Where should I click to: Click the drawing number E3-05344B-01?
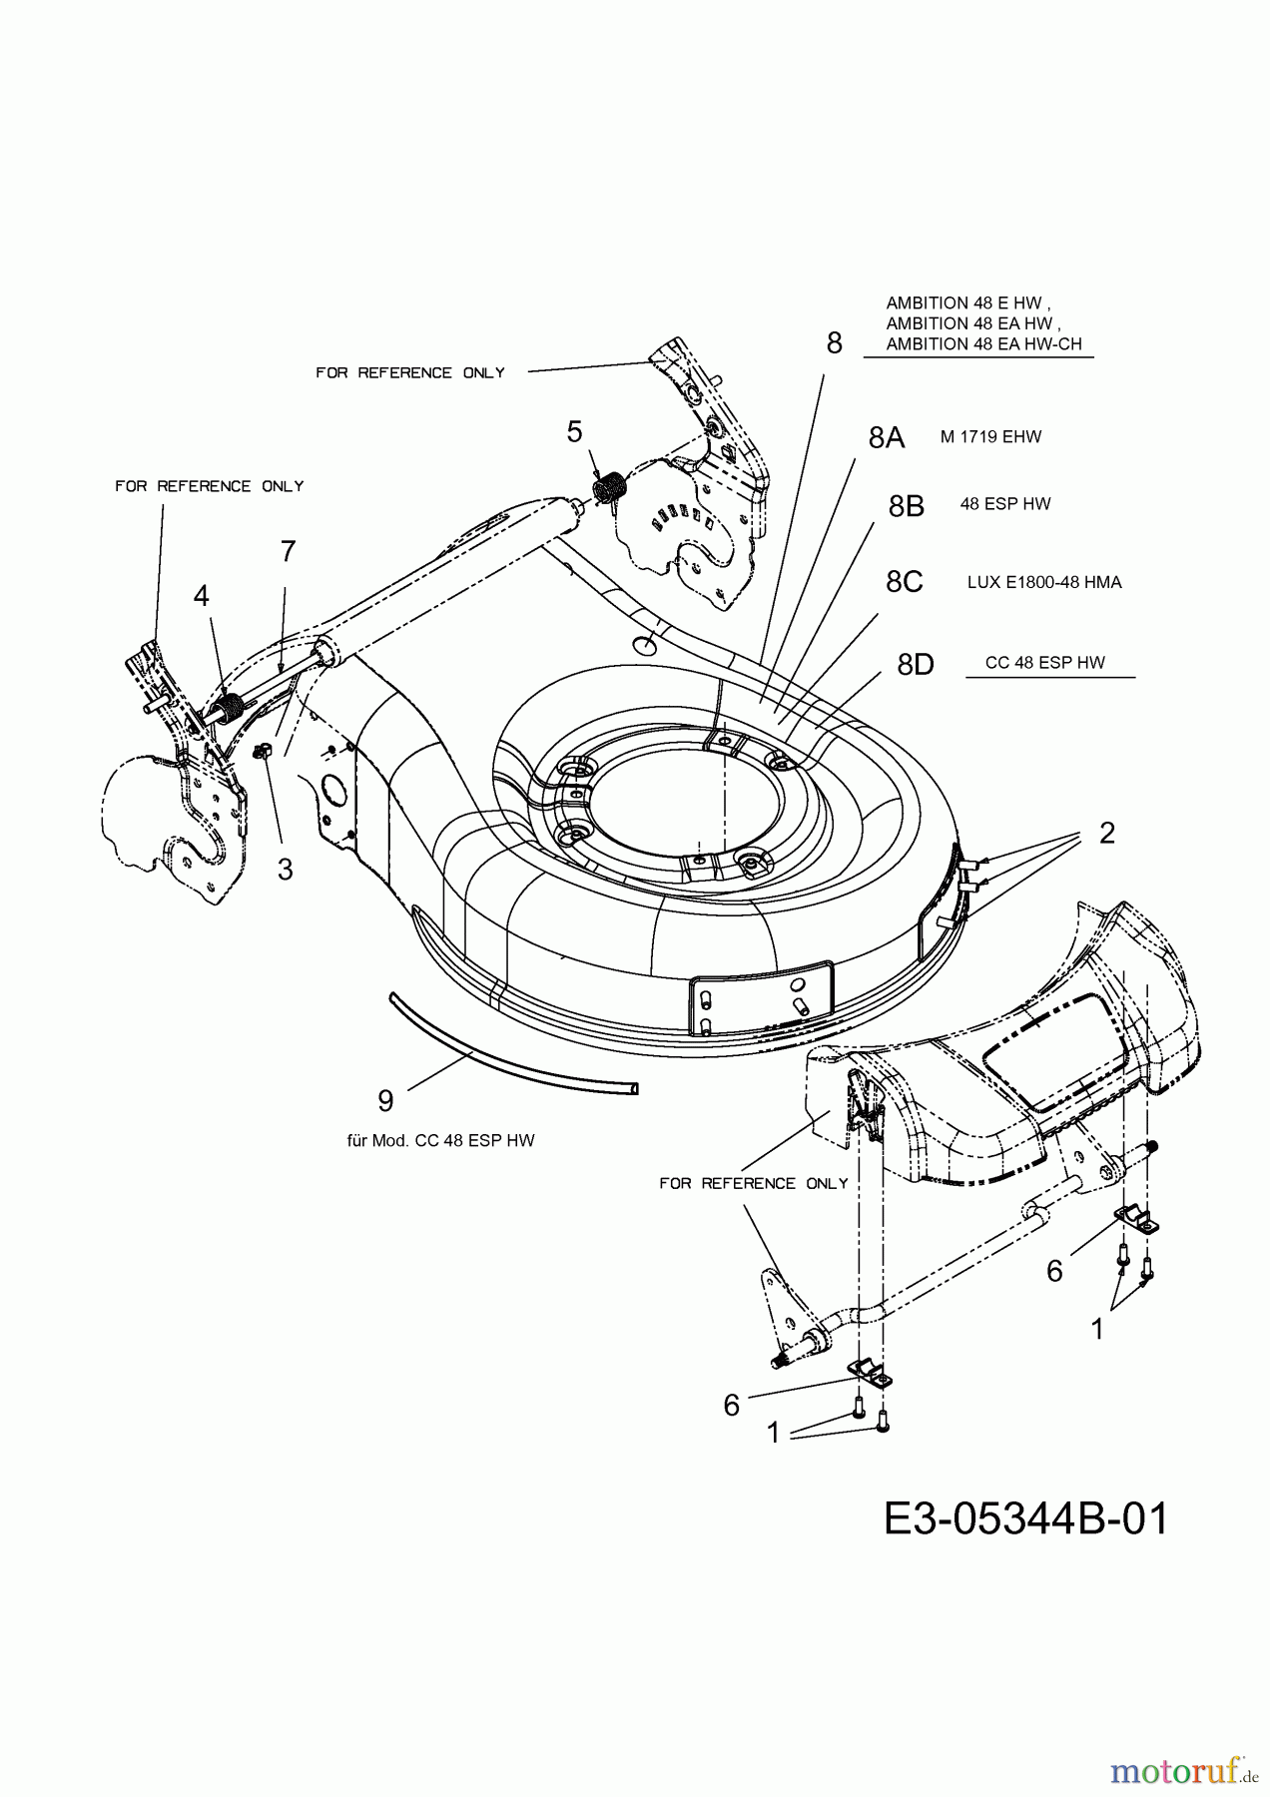tap(1025, 1520)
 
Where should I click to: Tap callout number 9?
tap(385, 1100)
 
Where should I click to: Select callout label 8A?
tap(886, 437)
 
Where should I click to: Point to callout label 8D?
tap(915, 664)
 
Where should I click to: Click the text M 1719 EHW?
tap(990, 436)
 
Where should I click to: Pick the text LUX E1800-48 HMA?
tap(1044, 582)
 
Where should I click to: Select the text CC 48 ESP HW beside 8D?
tap(1045, 663)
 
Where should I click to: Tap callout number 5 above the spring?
tap(574, 432)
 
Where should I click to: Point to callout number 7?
tap(288, 551)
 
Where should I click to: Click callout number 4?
tap(202, 596)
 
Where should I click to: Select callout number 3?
tap(286, 870)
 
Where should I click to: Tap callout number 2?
tap(1106, 833)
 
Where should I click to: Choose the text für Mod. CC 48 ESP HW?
tap(440, 1140)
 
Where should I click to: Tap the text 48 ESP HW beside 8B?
tap(1005, 504)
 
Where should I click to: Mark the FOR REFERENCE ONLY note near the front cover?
tap(754, 1183)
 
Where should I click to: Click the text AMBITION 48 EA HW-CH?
tap(983, 344)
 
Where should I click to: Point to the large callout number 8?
tap(835, 343)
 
